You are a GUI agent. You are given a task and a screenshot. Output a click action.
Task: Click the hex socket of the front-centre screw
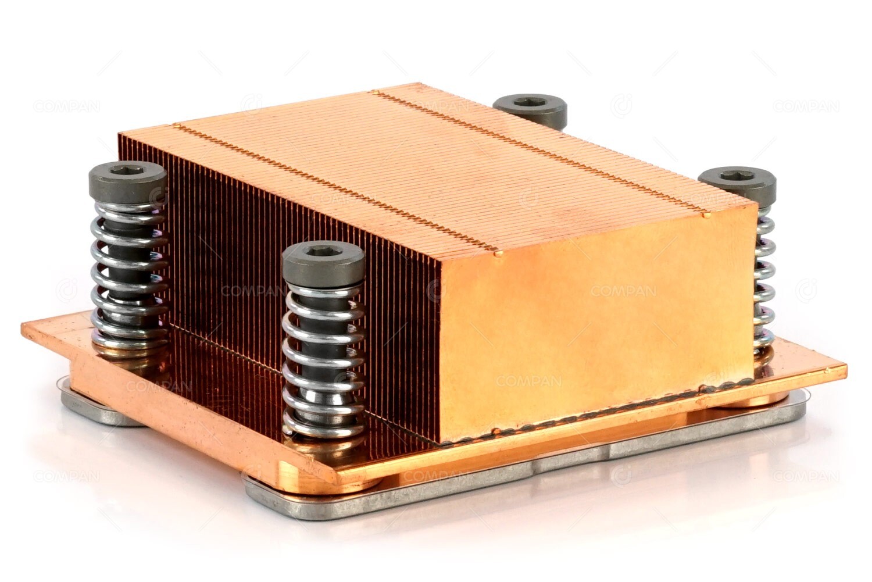323,252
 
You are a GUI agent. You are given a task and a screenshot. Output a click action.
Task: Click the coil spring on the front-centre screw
323,360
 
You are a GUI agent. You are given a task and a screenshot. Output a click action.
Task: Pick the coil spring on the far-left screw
129,273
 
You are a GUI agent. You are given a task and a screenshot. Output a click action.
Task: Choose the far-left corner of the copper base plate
26,323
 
